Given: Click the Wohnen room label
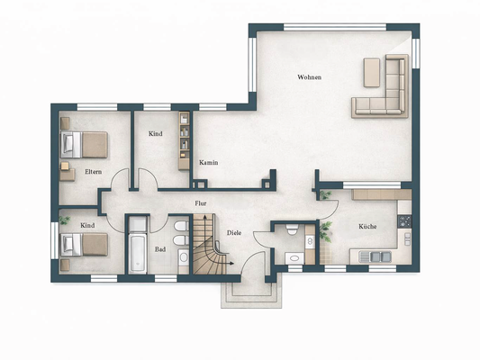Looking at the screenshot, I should pos(309,77).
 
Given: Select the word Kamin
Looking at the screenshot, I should pos(209,163).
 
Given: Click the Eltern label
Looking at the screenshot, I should pos(93,170).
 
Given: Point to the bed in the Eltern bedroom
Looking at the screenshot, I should pos(85,143).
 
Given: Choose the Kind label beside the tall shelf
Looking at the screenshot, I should pos(156,134).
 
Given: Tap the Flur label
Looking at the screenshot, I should pos(201,204).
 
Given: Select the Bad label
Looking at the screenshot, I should pos(159,249).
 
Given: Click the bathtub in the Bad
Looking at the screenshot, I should pos(137,245).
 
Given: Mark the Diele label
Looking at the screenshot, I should pos(233,233).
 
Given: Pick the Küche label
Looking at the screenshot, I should pos(367,227).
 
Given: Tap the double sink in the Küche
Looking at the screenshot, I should pos(375,257).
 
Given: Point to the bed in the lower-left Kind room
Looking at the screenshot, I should pos(85,245).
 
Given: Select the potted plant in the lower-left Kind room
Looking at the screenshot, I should pos(65,220).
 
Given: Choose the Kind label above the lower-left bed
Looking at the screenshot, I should pos(87,225).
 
